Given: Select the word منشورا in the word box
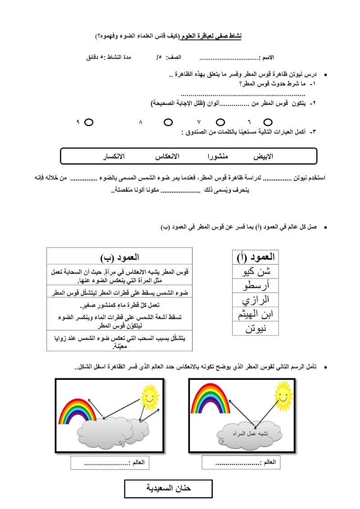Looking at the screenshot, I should click(217, 156).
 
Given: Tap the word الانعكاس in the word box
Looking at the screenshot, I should click(167, 156).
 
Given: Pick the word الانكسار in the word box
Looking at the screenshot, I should click(114, 156).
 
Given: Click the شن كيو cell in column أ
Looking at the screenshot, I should click(255, 272).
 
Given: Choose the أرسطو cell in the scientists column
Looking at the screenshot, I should click(255, 285).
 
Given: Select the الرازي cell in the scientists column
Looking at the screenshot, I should click(255, 299).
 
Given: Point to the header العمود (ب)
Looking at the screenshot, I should click(119, 257).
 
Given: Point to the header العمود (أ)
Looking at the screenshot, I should click(255, 257).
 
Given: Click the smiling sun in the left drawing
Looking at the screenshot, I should click(150, 394).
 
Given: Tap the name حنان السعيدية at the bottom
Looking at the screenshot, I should click(168, 488).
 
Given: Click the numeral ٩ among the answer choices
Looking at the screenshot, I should click(78, 122).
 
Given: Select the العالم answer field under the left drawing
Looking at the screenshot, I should click(110, 463).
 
